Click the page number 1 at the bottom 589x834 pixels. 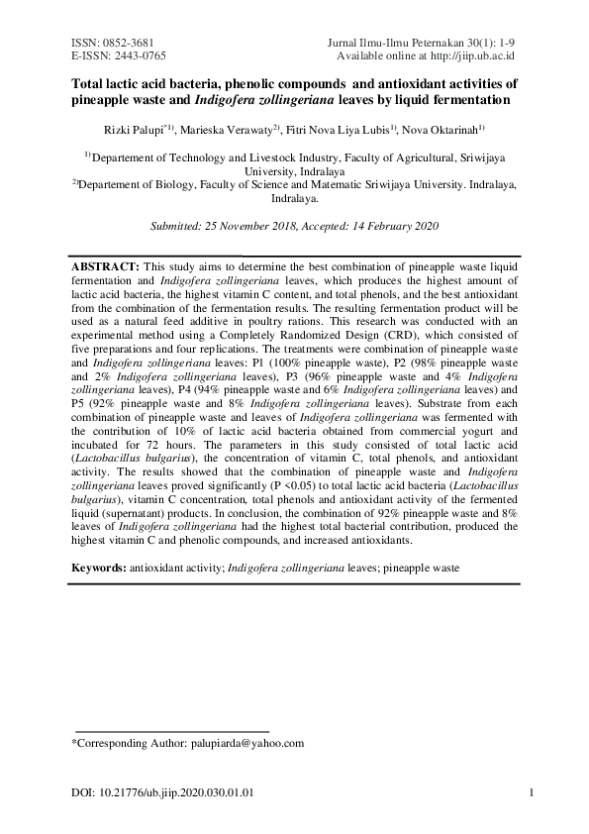[x=533, y=792]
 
